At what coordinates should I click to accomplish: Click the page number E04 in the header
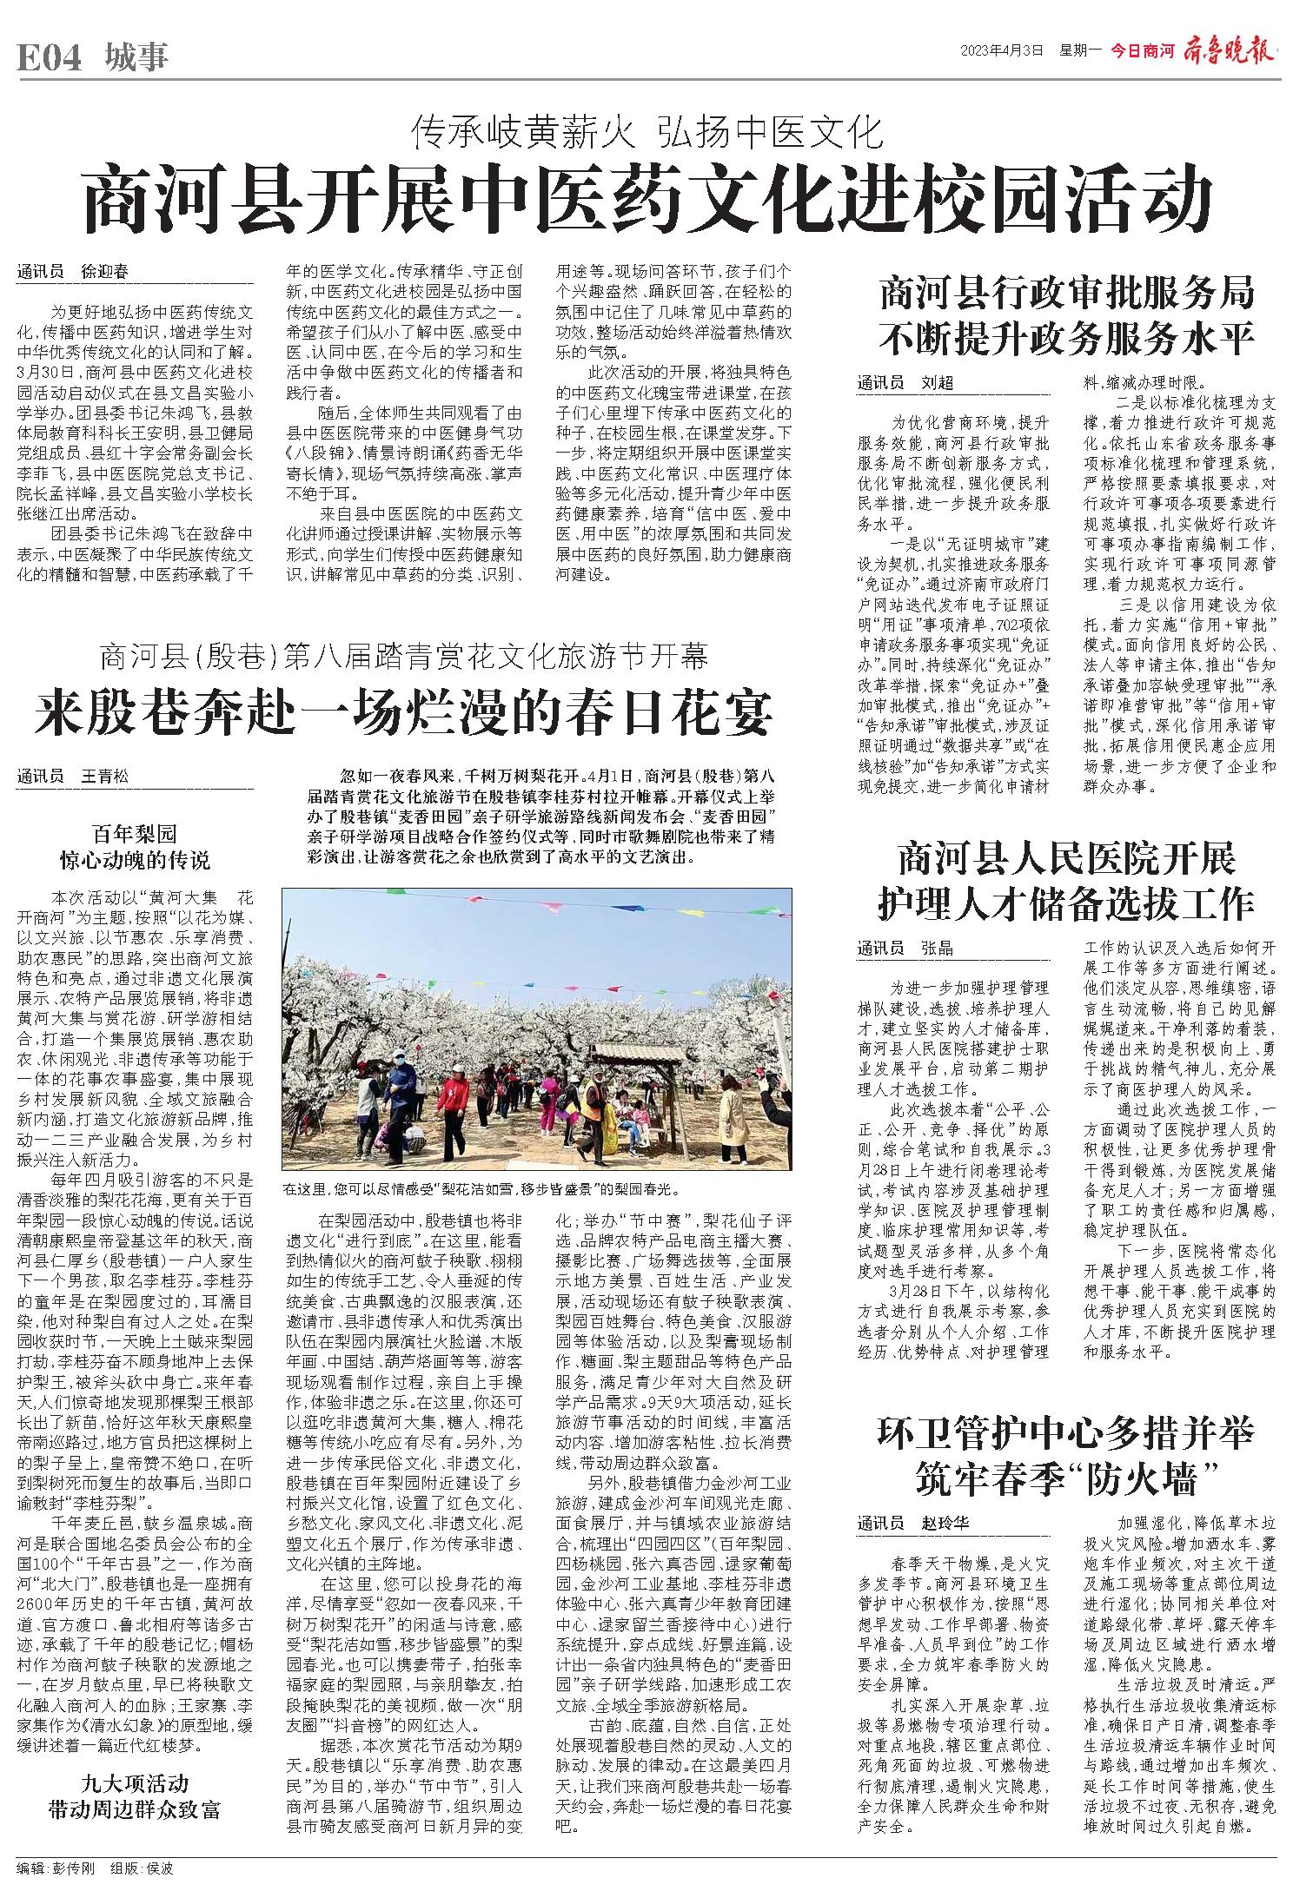(49, 58)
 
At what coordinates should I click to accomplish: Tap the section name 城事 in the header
(136, 58)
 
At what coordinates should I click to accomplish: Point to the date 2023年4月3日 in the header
(1000, 51)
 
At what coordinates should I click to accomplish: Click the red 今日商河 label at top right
(1142, 51)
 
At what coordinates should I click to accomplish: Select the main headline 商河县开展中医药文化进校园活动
(646, 197)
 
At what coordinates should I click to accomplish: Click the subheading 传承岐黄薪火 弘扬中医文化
(646, 133)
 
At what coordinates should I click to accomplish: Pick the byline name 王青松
(103, 776)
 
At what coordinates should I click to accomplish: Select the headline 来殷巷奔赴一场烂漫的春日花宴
(403, 712)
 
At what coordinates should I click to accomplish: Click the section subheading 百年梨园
(134, 835)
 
